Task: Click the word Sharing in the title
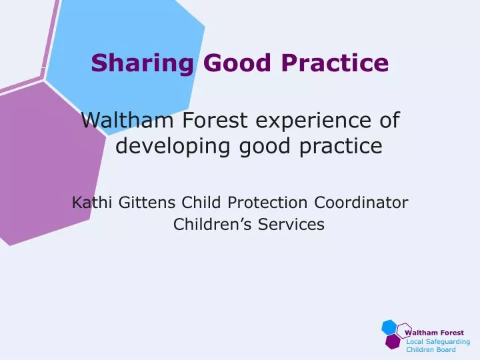141,63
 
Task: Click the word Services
293,225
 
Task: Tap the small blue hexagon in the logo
389,327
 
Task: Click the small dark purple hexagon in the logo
393,341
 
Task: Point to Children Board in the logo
431,349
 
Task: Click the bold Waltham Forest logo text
435,333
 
